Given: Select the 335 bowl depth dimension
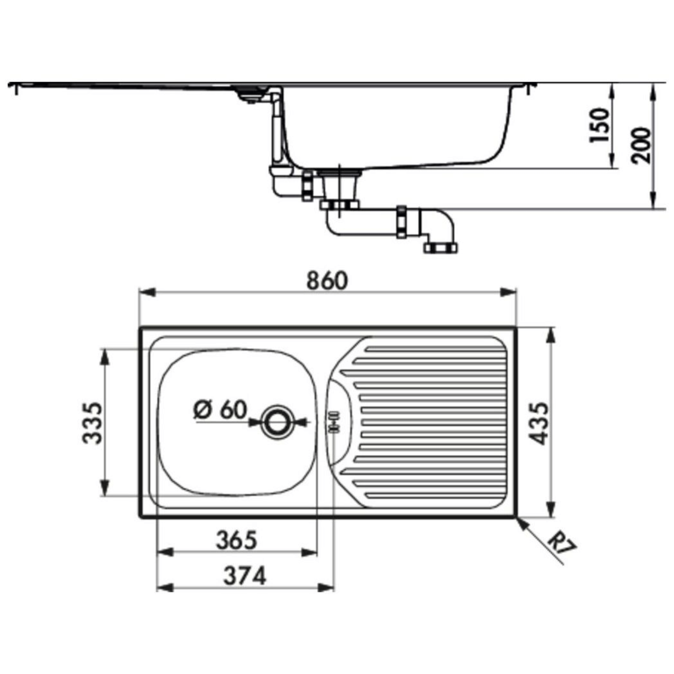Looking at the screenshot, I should (x=92, y=423).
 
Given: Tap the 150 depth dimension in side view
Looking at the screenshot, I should (x=599, y=125).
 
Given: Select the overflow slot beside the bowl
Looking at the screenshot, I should (x=334, y=423).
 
